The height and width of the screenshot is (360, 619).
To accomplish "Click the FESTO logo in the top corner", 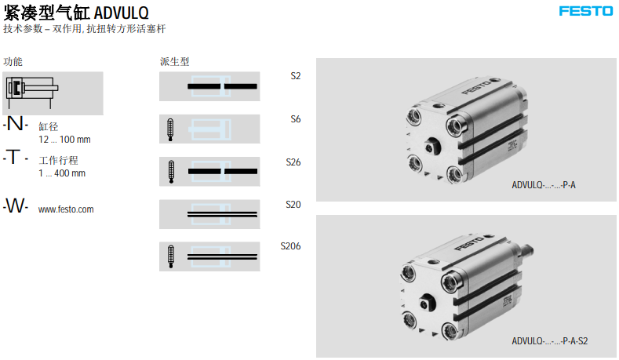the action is [x=586, y=11].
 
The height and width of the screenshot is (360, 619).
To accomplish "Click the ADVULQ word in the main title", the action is [x=121, y=13].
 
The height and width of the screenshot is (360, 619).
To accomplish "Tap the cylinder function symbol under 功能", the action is [x=32, y=92].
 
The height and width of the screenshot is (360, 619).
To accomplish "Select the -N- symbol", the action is [x=16, y=124].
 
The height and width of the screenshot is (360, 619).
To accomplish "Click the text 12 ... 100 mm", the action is [x=64, y=140].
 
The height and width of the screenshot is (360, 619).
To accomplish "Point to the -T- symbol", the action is [x=16, y=157].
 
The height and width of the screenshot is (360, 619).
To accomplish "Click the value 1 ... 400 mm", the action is [x=62, y=173].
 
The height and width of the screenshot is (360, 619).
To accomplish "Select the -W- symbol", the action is [x=16, y=205].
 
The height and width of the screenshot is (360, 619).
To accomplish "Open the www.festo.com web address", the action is [x=66, y=209].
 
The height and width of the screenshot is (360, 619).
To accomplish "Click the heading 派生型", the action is [x=174, y=62].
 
